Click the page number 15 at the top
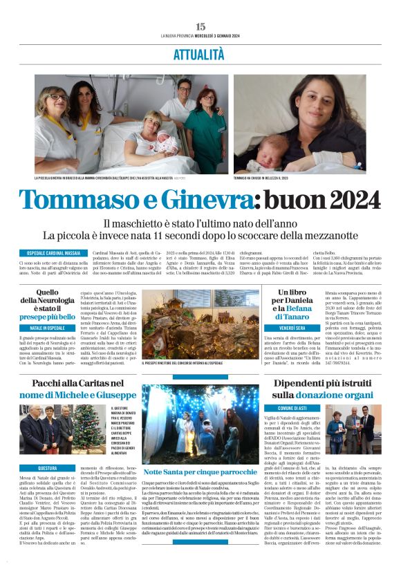click(200, 26)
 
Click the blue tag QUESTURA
click(48, 468)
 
